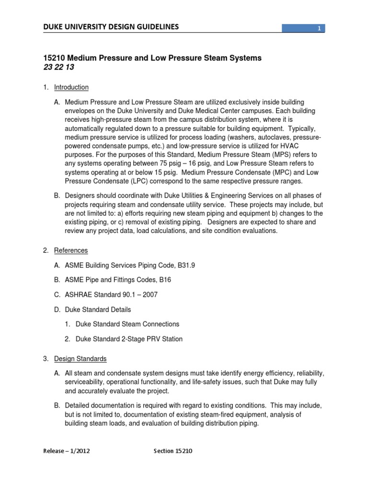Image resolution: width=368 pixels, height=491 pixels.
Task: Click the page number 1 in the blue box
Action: pyautogui.click(x=319, y=29)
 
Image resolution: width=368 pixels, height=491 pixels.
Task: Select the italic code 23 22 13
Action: pyautogui.click(x=59, y=68)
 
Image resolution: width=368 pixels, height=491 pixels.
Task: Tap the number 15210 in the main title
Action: pyautogui.click(x=54, y=58)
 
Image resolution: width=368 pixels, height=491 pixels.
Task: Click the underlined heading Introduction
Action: pyautogui.click(x=71, y=87)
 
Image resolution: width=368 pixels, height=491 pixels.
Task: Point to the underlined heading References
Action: pyautogui.click(x=71, y=250)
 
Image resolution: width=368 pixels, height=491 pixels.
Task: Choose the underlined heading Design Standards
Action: pyautogui.click(x=80, y=359)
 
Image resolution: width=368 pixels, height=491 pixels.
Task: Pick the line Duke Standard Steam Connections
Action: pyautogui.click(x=127, y=324)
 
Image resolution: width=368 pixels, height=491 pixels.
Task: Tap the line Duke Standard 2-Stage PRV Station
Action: pyautogui.click(x=129, y=339)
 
